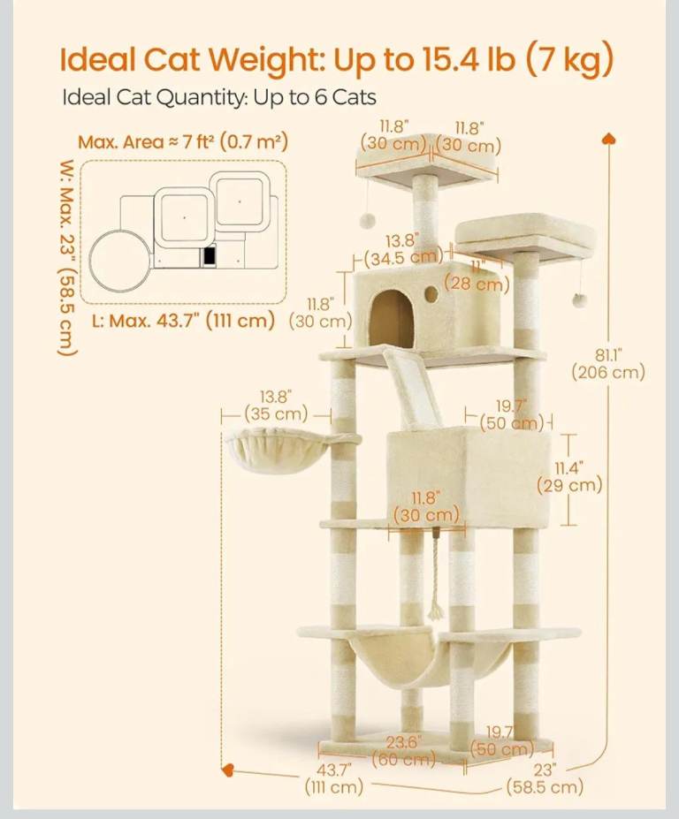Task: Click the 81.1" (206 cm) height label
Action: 608,365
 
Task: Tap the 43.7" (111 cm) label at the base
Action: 334,778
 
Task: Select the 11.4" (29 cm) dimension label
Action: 569,476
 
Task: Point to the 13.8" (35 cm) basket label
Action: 276,405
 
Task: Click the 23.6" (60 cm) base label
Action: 403,750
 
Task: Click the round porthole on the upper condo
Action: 431,294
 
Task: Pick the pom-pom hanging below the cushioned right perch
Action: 578,300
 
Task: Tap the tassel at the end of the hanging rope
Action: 435,608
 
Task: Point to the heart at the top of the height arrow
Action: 609,139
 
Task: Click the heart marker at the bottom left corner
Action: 228,770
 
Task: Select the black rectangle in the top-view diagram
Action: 210,255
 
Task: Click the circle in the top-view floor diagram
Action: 119,260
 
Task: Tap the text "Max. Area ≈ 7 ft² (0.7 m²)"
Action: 183,141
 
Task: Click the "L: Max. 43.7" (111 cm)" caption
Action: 184,320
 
